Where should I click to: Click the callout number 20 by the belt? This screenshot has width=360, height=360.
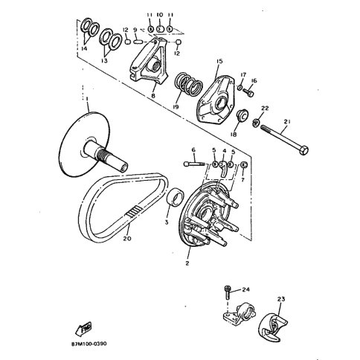pos(126,240)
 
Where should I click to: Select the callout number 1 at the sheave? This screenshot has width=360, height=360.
pos(87,99)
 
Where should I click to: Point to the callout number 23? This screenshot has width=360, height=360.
pos(281,300)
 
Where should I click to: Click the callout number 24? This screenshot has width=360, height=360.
pos(245,289)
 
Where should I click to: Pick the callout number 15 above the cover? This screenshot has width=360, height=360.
pos(219,61)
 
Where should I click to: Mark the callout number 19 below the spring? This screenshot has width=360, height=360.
pos(176,107)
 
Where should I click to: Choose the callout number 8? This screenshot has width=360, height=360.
pos(153,95)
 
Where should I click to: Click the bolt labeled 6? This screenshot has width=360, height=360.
pos(191,164)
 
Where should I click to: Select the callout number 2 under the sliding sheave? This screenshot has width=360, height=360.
pos(187,263)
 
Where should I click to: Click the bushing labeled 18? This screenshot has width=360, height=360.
pos(242,117)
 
